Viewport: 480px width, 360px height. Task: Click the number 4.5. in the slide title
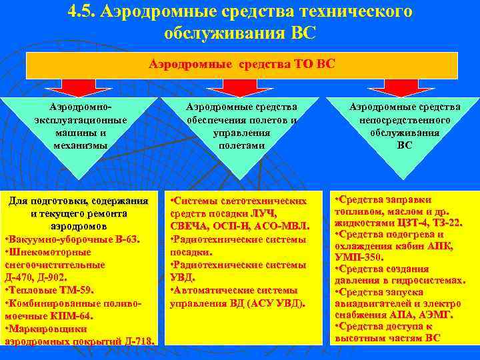point(83,12)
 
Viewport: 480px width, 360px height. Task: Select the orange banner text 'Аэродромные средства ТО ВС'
point(241,64)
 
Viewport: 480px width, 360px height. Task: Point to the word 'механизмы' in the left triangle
point(80,145)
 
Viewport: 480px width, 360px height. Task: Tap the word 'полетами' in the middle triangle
point(241,145)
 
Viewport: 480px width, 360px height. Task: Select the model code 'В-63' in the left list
point(120,239)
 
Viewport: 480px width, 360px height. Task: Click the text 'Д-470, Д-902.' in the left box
point(37,277)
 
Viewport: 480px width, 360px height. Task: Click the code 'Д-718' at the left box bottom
point(139,341)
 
